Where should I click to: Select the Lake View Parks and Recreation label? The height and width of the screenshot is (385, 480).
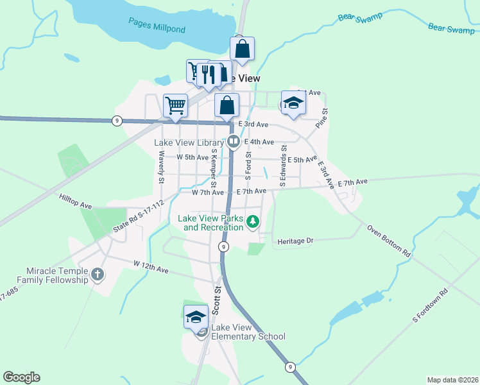pos(210,222)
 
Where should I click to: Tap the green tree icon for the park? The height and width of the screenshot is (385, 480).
pos(253,222)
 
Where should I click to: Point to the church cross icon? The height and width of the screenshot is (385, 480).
pos(98,275)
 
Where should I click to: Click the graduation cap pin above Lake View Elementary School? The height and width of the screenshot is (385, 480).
pos(196,316)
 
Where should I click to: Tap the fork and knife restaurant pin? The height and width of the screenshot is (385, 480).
pos(206,73)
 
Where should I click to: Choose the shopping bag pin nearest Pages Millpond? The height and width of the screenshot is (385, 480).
pos(243,49)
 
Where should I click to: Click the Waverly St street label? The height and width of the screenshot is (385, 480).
pos(162,165)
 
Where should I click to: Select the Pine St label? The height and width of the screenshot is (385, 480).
pos(325,120)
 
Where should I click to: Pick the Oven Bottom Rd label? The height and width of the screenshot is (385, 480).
pos(389,240)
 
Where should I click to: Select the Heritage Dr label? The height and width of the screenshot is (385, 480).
pos(295,241)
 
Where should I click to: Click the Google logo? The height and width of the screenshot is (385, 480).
pos(22,377)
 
